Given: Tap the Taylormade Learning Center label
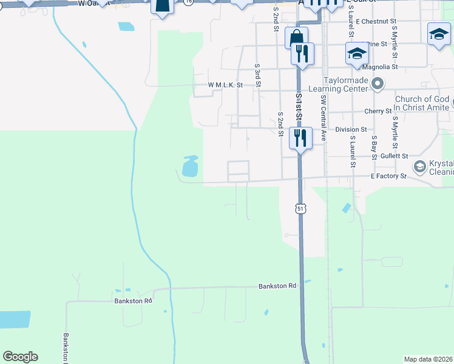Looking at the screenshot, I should click(x=338, y=84).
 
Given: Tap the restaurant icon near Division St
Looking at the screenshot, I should click(x=300, y=138).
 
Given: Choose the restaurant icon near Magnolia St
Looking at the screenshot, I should click(x=302, y=53).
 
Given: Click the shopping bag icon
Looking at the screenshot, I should click(x=296, y=37).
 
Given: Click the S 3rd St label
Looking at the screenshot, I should click(x=258, y=75).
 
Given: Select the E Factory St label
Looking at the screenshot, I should click(x=388, y=176).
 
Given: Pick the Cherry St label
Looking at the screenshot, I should click(x=378, y=111).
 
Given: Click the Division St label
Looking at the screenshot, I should click(x=351, y=129).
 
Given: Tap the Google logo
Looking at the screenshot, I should click(x=21, y=357).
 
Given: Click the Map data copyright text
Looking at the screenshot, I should click(x=429, y=359).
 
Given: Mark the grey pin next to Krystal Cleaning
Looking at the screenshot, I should click(x=419, y=166).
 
